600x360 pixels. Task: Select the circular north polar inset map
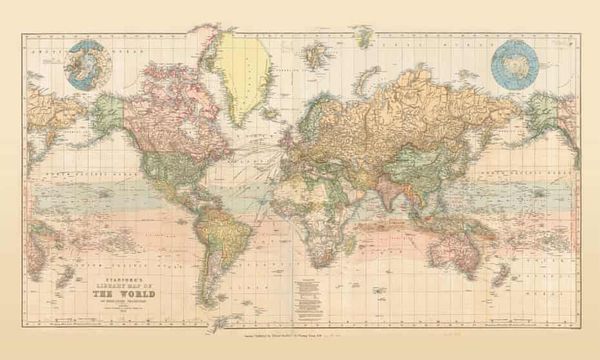[85, 63]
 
